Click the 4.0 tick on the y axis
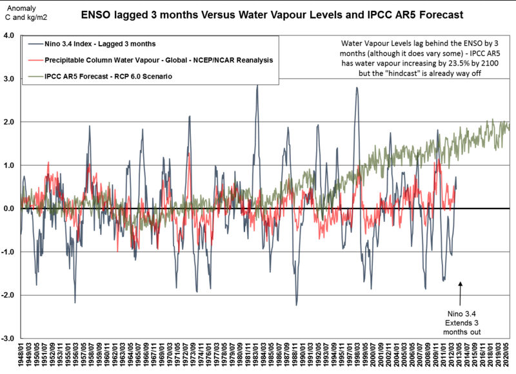[9, 36]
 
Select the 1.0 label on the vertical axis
[9, 165]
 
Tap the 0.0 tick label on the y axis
[9, 209]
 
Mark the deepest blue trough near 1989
[296, 304]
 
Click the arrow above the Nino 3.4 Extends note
[461, 293]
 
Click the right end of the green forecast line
[509, 127]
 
